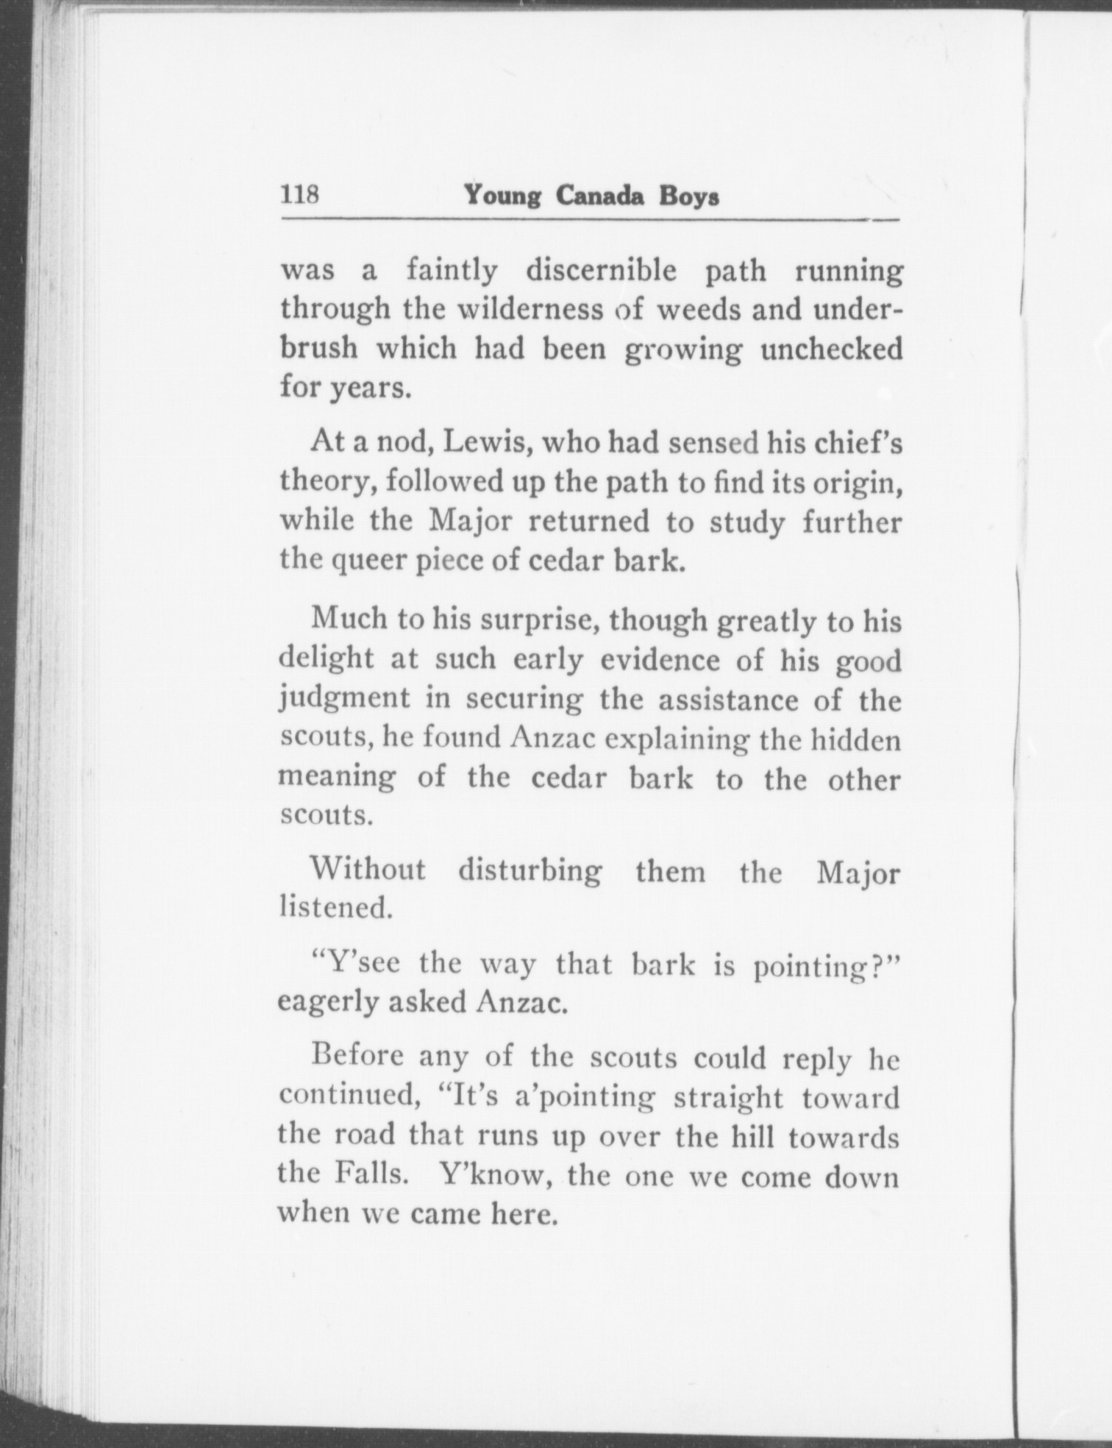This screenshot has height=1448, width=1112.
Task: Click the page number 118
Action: (299, 196)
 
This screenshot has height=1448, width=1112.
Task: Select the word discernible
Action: (600, 271)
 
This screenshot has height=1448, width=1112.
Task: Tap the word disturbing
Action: (530, 870)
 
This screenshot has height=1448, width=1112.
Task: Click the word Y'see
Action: (357, 963)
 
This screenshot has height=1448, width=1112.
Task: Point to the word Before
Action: (358, 1057)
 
